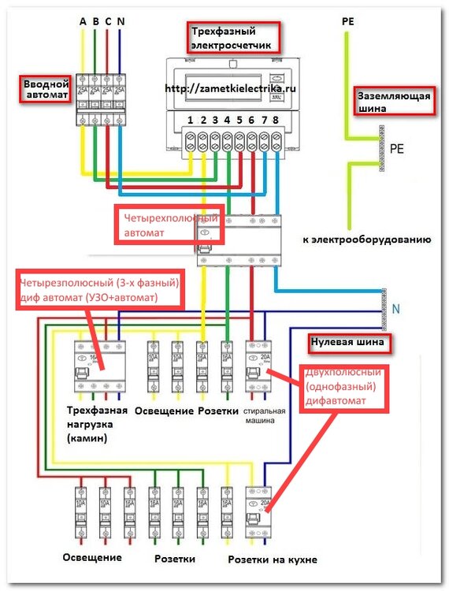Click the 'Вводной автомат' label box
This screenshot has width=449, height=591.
coord(45,87)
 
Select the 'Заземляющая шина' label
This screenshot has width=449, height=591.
coord(393,103)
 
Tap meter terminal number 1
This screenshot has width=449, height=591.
coord(190,121)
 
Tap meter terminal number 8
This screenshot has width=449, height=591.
coord(275,121)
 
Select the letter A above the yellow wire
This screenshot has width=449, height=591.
coord(83,21)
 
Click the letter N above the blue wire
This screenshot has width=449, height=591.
coord(119,21)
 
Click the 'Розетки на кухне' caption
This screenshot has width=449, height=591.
coord(273,559)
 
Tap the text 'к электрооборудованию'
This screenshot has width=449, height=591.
coord(365,238)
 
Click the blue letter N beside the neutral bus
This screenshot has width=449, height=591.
coord(395,310)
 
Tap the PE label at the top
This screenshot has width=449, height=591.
coord(348,21)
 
